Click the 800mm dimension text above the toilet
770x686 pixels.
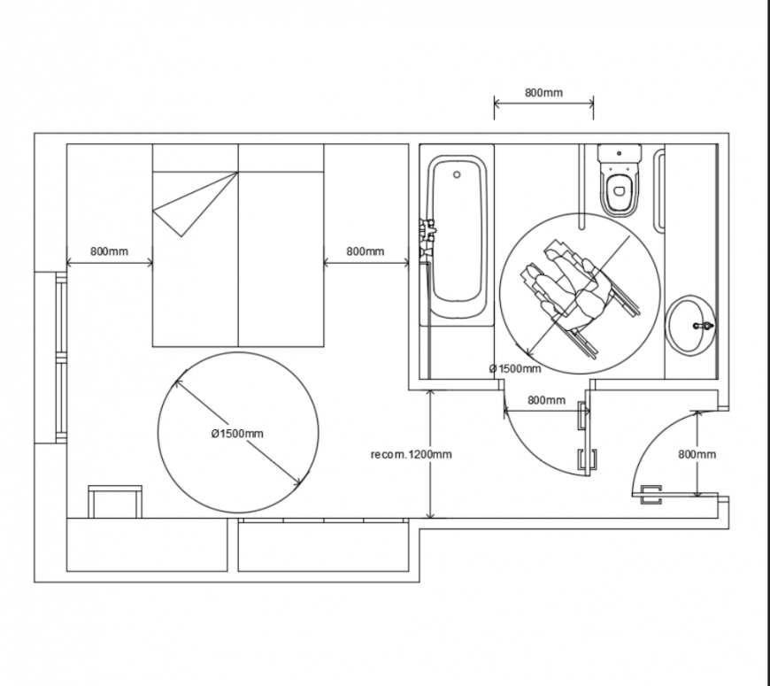(543, 92)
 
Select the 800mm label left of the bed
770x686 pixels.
(109, 251)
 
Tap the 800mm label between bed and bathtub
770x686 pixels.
(365, 251)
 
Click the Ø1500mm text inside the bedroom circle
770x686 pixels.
(236, 433)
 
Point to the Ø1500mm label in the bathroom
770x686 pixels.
(514, 368)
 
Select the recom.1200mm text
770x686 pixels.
(412, 455)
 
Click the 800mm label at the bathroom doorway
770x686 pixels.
(546, 400)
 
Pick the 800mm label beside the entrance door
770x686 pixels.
(697, 454)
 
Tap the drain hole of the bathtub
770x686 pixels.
(457, 175)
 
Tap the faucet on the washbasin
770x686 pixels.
(705, 327)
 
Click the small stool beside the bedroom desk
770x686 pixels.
(114, 500)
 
